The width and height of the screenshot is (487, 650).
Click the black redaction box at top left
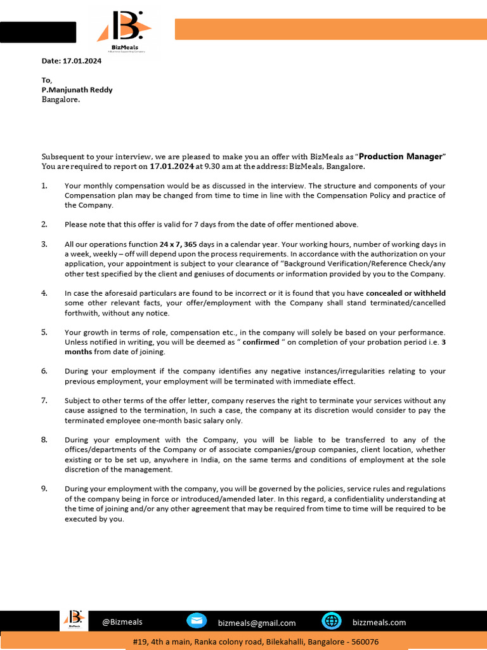coord(38,32)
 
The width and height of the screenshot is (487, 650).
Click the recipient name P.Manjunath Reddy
coord(77,90)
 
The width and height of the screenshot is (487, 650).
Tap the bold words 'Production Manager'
coord(400,156)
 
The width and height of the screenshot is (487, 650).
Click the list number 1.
coord(44,185)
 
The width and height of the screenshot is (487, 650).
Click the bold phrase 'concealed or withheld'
coord(406,293)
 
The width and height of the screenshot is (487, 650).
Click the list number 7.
coord(44,401)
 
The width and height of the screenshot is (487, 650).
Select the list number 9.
coord(44,489)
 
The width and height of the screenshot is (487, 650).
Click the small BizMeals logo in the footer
coord(75,620)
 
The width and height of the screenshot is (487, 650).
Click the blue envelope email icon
coord(197,621)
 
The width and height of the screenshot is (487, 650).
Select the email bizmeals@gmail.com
coord(256,623)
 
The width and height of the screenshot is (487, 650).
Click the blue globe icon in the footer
coord(332,621)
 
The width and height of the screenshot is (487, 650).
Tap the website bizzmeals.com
coord(379,623)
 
